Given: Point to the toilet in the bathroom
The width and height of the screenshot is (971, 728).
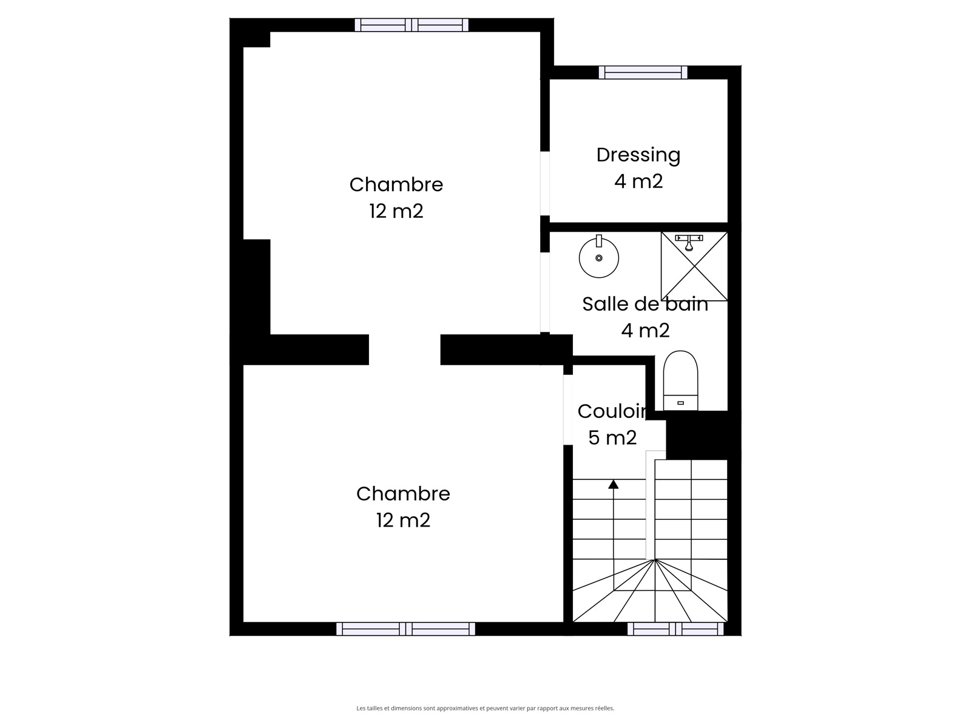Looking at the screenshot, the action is pyautogui.click(x=680, y=380).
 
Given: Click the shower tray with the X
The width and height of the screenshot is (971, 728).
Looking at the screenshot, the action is pyautogui.click(x=694, y=266).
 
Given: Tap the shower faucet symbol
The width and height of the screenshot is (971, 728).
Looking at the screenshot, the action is pyautogui.click(x=689, y=243).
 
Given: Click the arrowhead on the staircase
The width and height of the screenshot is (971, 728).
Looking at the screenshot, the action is pyautogui.click(x=613, y=484).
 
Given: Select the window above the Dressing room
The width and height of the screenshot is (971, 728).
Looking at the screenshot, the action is pyautogui.click(x=643, y=72).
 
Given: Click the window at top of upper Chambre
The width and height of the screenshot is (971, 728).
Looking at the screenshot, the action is pyautogui.click(x=411, y=25).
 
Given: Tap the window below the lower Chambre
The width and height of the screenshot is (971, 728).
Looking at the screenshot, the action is pyautogui.click(x=405, y=629).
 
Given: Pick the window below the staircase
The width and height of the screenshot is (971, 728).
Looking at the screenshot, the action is pyautogui.click(x=675, y=629).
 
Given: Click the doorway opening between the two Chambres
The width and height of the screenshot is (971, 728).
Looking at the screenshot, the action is pyautogui.click(x=404, y=349).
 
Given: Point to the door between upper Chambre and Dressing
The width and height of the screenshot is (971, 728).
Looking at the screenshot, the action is pyautogui.click(x=545, y=183).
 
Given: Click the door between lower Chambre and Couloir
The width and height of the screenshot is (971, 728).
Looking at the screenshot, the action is pyautogui.click(x=568, y=409).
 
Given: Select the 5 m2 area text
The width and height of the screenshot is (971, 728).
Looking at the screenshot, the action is pyautogui.click(x=612, y=437).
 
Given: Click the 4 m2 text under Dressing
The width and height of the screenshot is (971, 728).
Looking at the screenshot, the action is pyautogui.click(x=638, y=181).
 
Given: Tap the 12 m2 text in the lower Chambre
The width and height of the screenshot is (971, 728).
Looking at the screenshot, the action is pyautogui.click(x=403, y=520).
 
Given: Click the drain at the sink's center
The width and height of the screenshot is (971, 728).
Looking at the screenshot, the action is pyautogui.click(x=598, y=258).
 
